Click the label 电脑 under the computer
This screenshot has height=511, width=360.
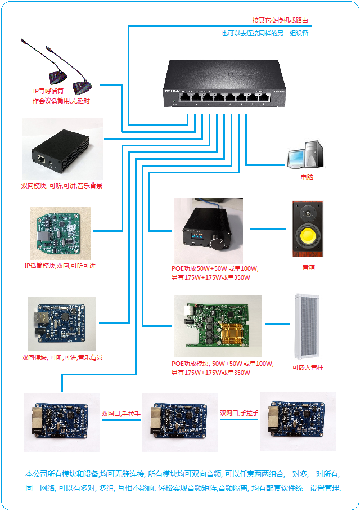(307, 177)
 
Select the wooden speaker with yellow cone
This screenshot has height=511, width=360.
(308, 228)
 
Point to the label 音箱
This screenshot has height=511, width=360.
(309, 268)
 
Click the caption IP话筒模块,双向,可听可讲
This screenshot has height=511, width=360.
(60, 266)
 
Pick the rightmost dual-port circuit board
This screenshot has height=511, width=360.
(298, 421)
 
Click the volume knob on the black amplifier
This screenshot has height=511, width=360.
(217, 243)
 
